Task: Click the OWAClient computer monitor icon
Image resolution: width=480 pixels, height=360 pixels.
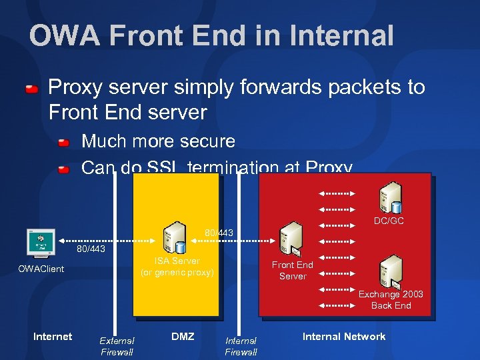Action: tap(40, 243)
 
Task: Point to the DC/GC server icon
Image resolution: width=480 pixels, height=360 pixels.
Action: tap(389, 197)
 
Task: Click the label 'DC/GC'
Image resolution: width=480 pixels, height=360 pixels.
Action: tap(389, 221)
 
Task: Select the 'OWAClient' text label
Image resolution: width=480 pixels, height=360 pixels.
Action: tap(41, 269)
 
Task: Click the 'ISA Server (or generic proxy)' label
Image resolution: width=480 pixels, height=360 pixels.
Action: tap(177, 267)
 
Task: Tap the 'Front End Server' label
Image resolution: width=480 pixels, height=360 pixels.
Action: tap(292, 270)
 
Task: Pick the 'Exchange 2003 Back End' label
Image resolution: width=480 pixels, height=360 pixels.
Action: tap(391, 300)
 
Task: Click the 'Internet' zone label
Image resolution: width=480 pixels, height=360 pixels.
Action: tap(53, 337)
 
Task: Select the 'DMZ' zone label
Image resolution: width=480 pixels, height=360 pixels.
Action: tap(183, 337)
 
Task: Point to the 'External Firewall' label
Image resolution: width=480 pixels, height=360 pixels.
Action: tap(117, 346)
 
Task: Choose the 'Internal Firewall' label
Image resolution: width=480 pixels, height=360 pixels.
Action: tap(241, 346)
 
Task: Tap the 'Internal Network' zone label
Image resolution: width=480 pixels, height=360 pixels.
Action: tap(344, 337)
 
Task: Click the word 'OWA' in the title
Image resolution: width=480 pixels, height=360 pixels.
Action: tap(66, 36)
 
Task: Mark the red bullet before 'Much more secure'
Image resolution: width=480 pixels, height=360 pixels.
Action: tap(63, 143)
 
